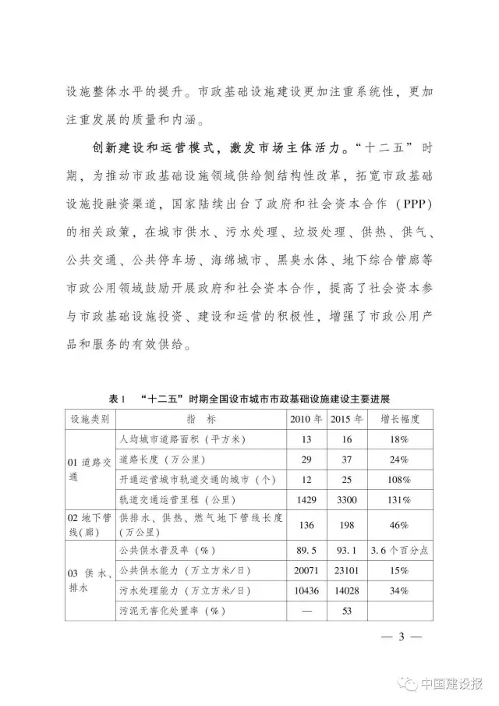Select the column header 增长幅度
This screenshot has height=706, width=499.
400,419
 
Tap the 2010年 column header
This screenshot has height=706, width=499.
306,419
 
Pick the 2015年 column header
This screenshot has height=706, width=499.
348,419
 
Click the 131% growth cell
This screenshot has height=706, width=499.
400,498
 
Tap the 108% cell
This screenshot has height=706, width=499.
400,478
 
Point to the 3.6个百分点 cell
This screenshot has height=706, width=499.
400,550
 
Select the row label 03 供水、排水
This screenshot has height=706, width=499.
88,580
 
